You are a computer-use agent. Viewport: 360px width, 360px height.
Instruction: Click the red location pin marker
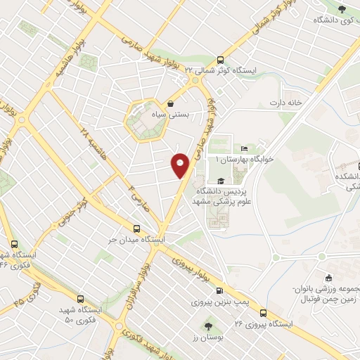tap(181, 165)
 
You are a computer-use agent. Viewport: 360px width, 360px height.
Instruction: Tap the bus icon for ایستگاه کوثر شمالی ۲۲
tap(221, 60)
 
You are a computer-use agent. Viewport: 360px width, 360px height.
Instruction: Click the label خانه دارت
tap(285, 103)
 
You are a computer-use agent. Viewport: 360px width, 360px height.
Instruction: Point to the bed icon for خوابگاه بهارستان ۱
tap(244, 148)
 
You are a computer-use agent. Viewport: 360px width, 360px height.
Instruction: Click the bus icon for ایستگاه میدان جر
tap(136, 228)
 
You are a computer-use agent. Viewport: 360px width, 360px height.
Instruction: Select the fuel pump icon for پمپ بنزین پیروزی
tap(220, 291)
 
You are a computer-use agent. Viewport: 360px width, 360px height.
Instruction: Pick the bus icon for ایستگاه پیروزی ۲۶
tap(263, 313)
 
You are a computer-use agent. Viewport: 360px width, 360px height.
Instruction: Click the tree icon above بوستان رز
tap(208, 326)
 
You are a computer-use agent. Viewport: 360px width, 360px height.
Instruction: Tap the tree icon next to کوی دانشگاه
tap(342, 8)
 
